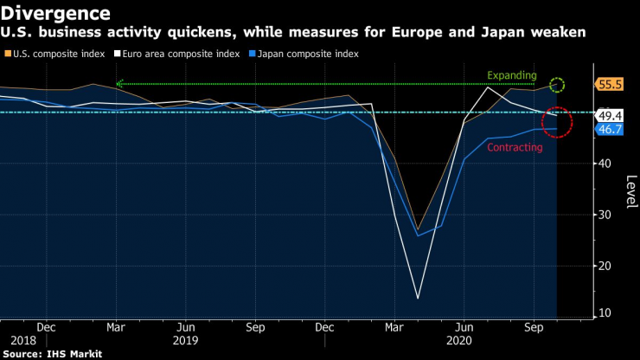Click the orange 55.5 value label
pyautogui.click(x=611, y=85)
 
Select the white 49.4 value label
pyautogui.click(x=611, y=115)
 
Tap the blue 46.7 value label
pyautogui.click(x=611, y=129)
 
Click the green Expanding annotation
pyautogui.click(x=512, y=75)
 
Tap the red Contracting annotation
pyautogui.click(x=515, y=148)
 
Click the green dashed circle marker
pyautogui.click(x=557, y=85)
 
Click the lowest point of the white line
pyautogui.click(x=418, y=299)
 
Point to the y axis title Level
pyautogui.click(x=630, y=187)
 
